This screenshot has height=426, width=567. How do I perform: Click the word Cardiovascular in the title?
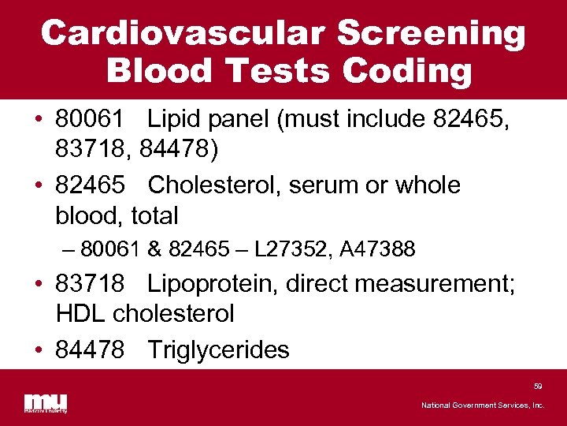[182, 34]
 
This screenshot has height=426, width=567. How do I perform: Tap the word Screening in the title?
[432, 34]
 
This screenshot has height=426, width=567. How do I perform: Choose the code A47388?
[379, 249]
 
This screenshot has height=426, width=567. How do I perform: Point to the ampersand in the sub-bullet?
[154, 249]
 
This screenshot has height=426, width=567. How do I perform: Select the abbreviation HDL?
[81, 314]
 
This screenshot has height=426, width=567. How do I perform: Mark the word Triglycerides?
[219, 349]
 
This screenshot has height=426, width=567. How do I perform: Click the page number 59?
[538, 387]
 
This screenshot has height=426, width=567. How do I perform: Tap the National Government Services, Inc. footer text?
[483, 405]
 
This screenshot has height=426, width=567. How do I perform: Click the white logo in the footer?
[46, 402]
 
